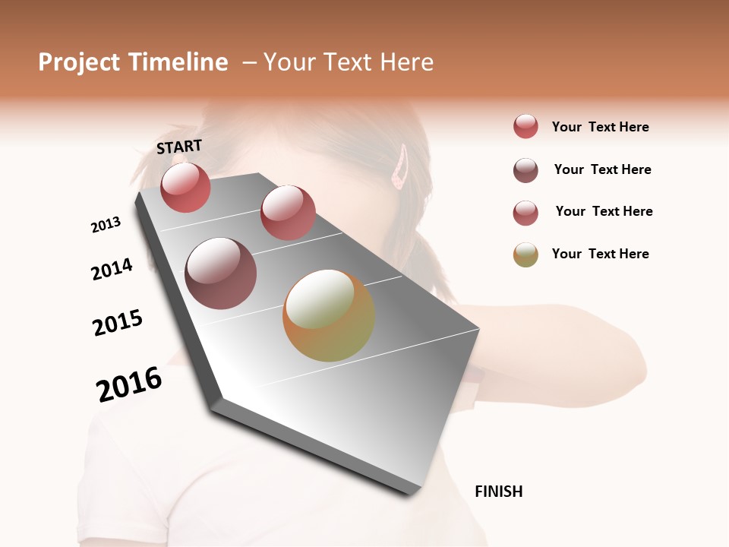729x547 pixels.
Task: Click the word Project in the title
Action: [79, 62]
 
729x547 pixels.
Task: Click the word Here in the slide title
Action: [406, 62]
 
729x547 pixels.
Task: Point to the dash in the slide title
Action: [249, 63]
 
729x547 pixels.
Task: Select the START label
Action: [179, 147]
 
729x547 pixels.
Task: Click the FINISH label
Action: [498, 492]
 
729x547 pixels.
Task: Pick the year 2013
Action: [106, 225]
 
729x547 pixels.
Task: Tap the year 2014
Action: [112, 269]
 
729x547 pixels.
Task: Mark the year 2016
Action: [129, 384]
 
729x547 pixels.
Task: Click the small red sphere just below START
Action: [185, 187]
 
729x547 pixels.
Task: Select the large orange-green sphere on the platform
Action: [329, 315]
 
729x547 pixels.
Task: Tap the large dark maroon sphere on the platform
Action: [221, 273]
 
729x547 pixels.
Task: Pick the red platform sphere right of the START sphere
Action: [288, 212]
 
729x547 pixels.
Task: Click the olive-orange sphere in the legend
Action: [525, 255]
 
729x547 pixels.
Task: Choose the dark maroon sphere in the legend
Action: [525, 170]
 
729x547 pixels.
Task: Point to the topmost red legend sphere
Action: [525, 126]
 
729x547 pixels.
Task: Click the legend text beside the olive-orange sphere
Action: [600, 254]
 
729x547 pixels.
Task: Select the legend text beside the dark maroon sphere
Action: [602, 169]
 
